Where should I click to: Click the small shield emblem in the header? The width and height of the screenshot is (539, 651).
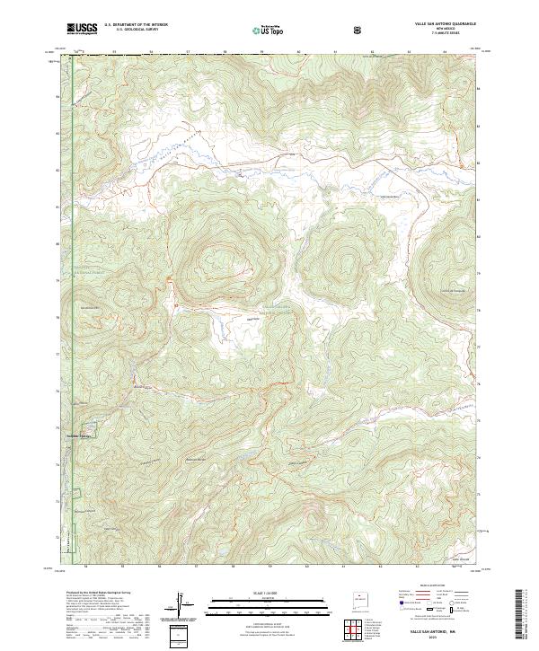pos(358,30)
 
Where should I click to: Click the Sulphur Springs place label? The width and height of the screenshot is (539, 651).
pos(80,436)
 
